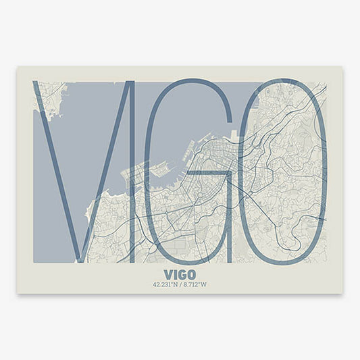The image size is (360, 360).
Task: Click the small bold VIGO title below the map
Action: pyautogui.click(x=180, y=275)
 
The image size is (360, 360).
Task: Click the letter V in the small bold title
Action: pyautogui.click(x=168, y=275)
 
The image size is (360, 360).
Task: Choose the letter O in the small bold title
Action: pyautogui.click(x=192, y=275)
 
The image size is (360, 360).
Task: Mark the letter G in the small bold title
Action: pyautogui.click(x=182, y=275)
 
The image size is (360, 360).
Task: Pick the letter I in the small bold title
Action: pyautogui.click(x=175, y=275)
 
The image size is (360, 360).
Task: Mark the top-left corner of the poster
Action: pyautogui.click(x=18, y=66)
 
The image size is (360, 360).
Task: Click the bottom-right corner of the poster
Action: pyautogui.click(x=342, y=293)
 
